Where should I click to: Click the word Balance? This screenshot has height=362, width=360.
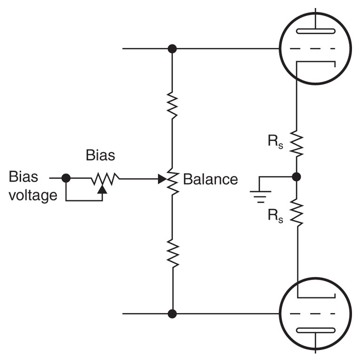pyautogui.click(x=210, y=179)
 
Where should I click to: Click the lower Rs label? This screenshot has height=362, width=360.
pyautogui.click(x=276, y=216)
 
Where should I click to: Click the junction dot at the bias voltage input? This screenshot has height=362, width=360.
pyautogui.click(x=66, y=178)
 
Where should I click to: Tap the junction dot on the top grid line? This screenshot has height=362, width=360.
pyautogui.click(x=172, y=48)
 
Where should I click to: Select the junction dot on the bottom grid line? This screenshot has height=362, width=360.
pyautogui.click(x=172, y=313)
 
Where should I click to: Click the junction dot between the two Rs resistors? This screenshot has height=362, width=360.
pyautogui.click(x=296, y=177)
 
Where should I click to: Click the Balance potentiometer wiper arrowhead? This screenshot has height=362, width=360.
pyautogui.click(x=161, y=178)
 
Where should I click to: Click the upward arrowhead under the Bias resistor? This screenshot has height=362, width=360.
pyautogui.click(x=102, y=189)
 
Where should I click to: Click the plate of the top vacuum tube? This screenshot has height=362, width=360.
pyautogui.click(x=315, y=32)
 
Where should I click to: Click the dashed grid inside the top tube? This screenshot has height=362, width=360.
pyautogui.click(x=315, y=49)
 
